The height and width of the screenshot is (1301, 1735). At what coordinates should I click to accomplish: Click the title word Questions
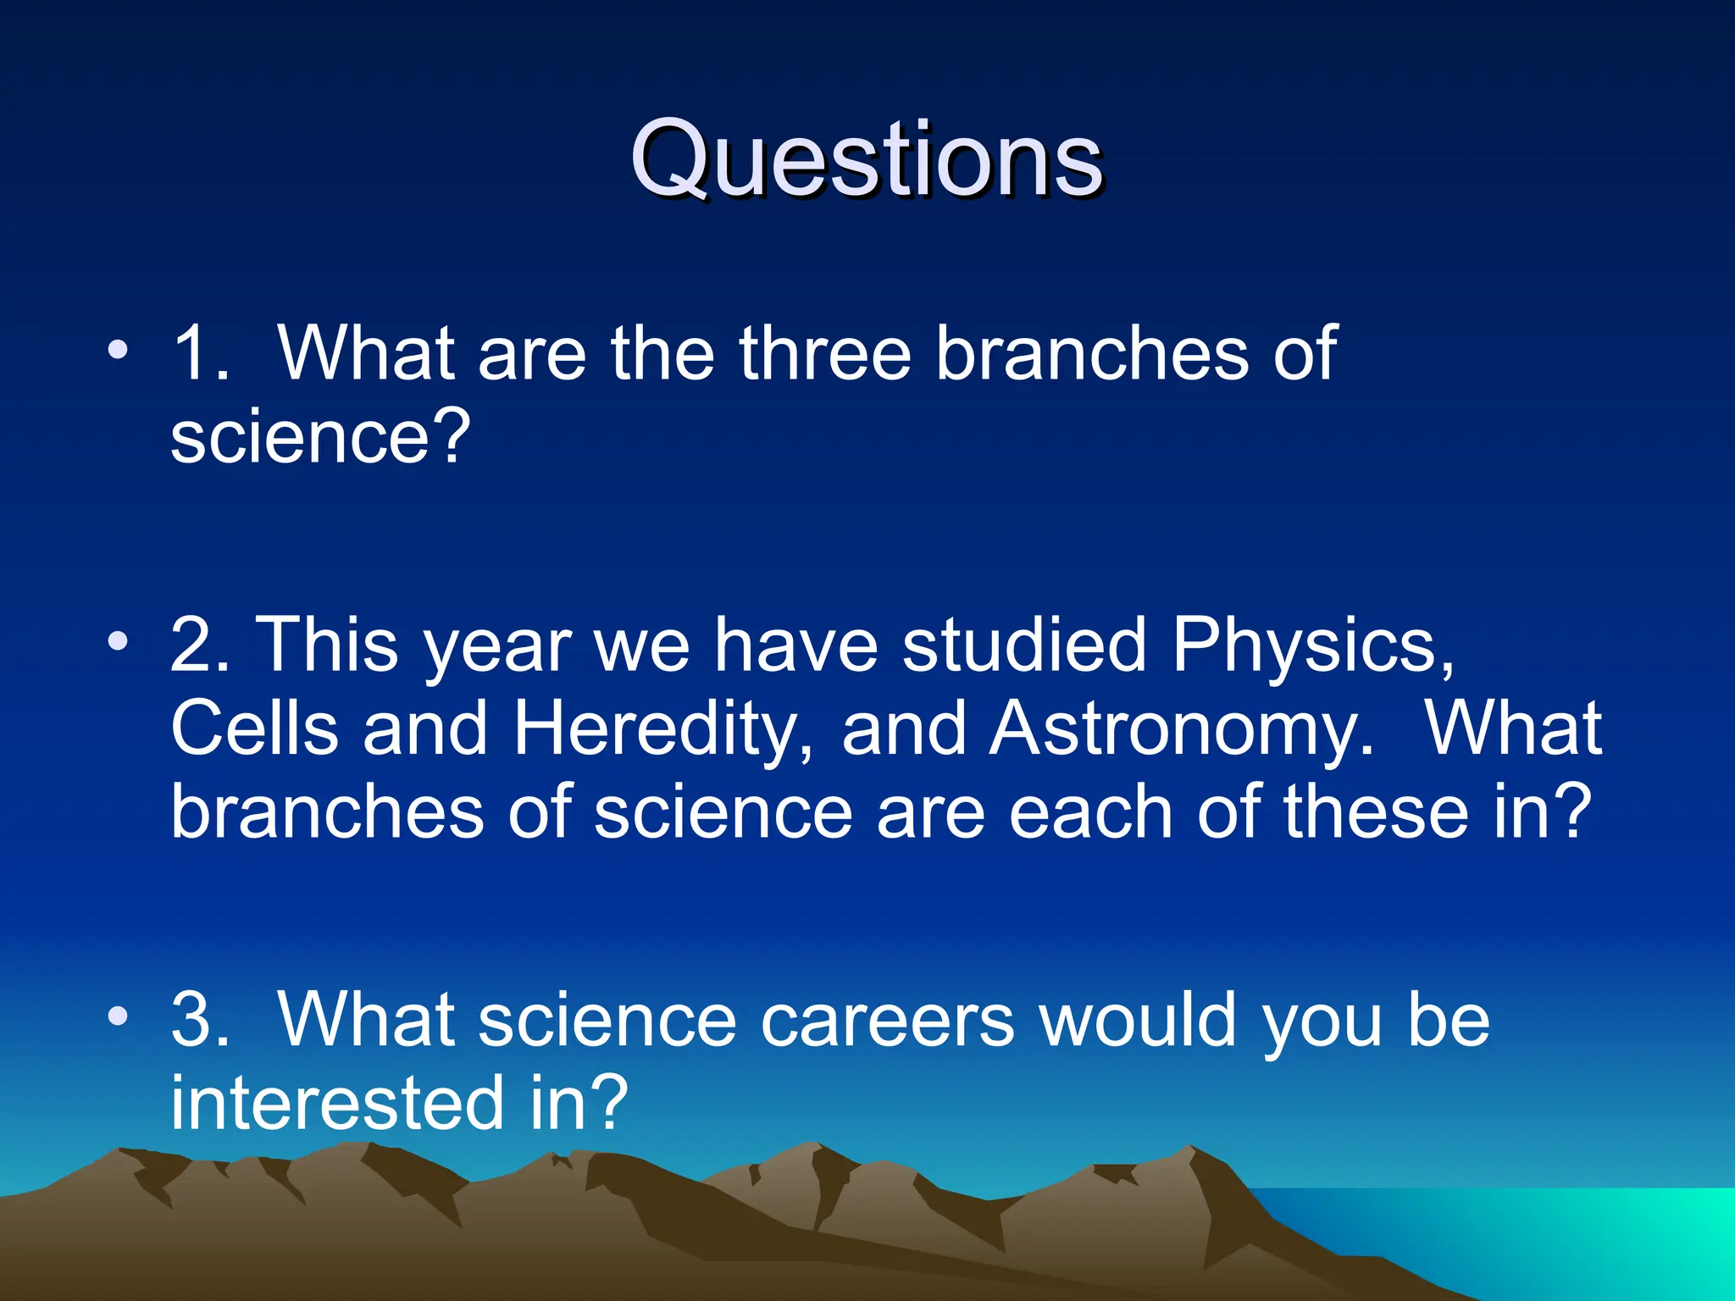tap(866, 159)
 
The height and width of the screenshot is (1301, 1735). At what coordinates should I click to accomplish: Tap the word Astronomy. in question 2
tap(1182, 730)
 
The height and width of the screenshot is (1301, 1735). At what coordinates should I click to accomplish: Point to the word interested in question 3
tap(338, 1103)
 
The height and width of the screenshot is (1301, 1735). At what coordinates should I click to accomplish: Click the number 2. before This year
tap(200, 645)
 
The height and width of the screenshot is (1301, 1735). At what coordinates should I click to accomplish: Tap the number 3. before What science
tap(200, 1021)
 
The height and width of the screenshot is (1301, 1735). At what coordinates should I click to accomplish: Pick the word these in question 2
tap(1376, 811)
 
